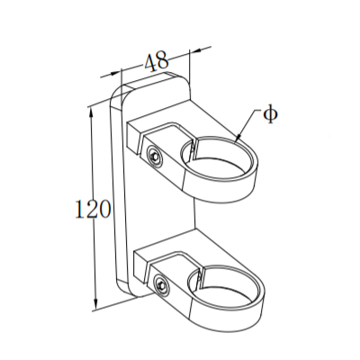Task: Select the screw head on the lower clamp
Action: pos(160,285)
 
